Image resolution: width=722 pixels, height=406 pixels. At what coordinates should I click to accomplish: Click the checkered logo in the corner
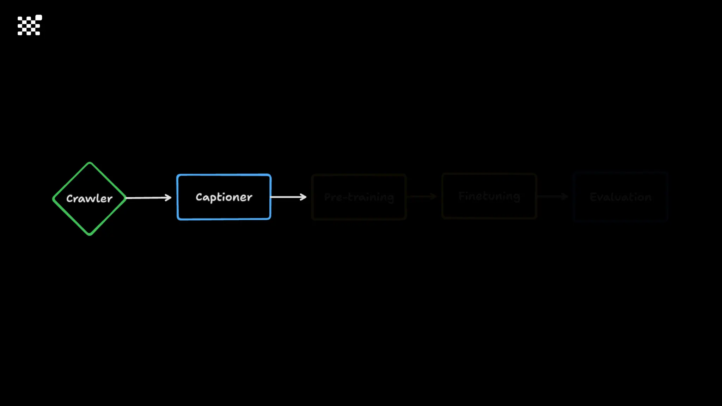point(30,25)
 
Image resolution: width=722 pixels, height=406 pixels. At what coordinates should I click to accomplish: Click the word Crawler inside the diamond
point(90,198)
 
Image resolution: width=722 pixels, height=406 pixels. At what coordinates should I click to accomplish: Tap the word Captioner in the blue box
point(224,197)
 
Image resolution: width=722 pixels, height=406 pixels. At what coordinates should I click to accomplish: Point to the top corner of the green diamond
point(90,163)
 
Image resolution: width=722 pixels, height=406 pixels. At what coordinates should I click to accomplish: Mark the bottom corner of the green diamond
point(90,234)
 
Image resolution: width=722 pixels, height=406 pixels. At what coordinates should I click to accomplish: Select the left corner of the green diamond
point(54,199)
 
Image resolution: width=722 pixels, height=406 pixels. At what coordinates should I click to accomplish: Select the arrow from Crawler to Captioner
point(148,198)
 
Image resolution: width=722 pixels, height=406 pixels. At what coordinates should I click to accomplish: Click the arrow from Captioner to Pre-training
point(288,197)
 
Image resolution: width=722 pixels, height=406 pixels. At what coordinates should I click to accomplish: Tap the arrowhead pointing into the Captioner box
point(169,198)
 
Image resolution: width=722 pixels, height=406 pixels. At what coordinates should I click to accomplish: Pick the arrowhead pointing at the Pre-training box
point(304,197)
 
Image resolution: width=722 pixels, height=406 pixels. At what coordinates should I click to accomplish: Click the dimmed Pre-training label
point(359,197)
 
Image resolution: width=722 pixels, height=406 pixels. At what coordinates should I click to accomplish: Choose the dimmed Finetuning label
point(489,196)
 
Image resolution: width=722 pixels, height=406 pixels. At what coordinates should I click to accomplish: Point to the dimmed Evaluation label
point(620,197)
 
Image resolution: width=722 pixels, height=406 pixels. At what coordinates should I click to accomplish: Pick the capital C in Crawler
point(69,199)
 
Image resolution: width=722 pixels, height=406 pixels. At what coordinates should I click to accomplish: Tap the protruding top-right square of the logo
point(39,18)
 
